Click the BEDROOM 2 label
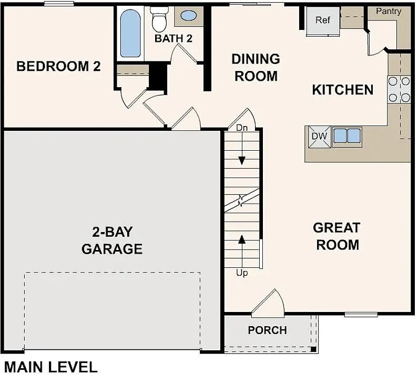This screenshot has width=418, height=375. pyautogui.click(x=58, y=67)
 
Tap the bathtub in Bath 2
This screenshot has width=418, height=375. pyautogui.click(x=130, y=33)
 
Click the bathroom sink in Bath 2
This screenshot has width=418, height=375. pyautogui.click(x=188, y=16)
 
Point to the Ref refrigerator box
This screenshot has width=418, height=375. pyautogui.click(x=323, y=21)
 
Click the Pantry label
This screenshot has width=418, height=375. pyautogui.click(x=389, y=11)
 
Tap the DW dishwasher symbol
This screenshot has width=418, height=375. pyautogui.click(x=319, y=137)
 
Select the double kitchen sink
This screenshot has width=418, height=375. pyautogui.click(x=347, y=136)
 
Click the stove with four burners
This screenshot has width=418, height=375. pyautogui.click(x=399, y=89)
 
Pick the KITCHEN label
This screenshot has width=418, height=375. pyautogui.click(x=342, y=90)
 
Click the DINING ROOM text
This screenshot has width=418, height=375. pyautogui.click(x=256, y=67)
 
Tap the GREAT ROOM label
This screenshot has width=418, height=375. pyautogui.click(x=337, y=236)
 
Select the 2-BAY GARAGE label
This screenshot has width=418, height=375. pyautogui.click(x=111, y=240)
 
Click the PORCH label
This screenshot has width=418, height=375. pyautogui.click(x=267, y=330)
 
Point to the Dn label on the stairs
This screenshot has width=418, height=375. pyautogui.click(x=241, y=128)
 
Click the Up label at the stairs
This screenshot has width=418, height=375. pyautogui.click(x=242, y=273)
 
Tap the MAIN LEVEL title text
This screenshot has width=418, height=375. pyautogui.click(x=50, y=367)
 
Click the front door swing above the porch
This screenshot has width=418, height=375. pyautogui.click(x=269, y=305)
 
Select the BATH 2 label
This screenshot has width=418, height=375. pyautogui.click(x=174, y=38)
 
